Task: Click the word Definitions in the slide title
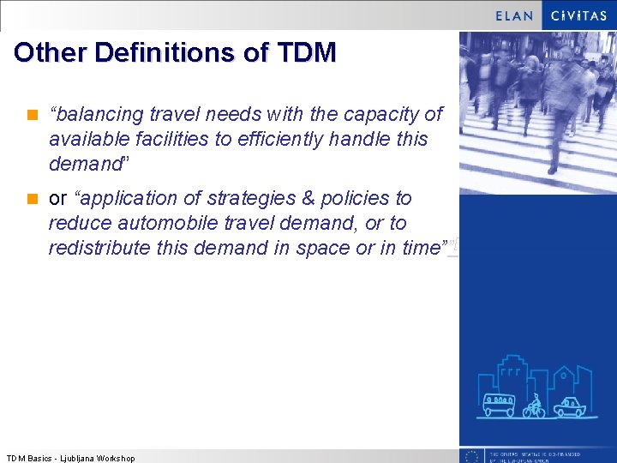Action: (166, 53)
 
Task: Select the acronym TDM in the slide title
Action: (307, 53)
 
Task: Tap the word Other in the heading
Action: (51, 53)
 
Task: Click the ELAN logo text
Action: (514, 15)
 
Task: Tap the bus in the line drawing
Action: (499, 405)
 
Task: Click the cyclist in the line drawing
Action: (535, 406)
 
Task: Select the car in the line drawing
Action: (568, 406)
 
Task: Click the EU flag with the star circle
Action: (470, 456)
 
